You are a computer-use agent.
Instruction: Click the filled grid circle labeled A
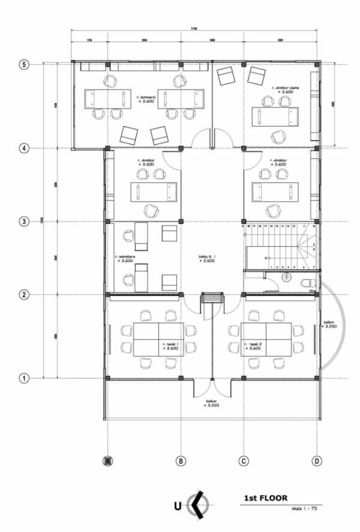(x=107, y=461)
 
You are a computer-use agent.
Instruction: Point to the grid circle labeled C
(x=244, y=461)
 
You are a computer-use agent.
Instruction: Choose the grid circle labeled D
(x=316, y=461)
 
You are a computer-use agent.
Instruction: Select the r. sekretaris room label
(x=125, y=258)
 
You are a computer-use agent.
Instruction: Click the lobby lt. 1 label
(x=208, y=258)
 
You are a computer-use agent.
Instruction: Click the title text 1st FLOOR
(x=266, y=498)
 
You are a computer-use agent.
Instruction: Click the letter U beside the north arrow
(x=178, y=506)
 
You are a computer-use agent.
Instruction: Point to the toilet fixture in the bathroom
(x=305, y=282)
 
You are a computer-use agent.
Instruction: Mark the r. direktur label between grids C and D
(x=280, y=162)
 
